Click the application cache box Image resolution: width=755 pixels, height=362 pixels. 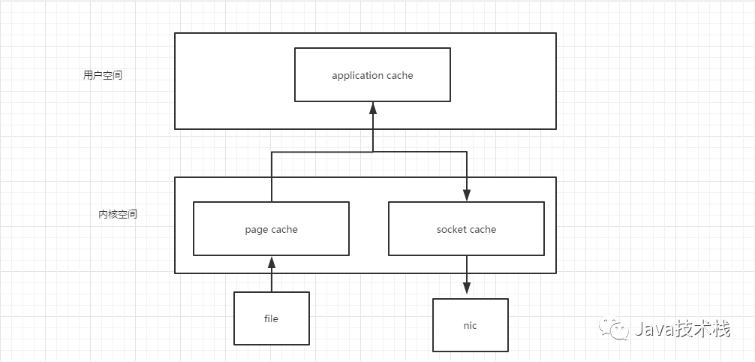pyautogui.click(x=372, y=74)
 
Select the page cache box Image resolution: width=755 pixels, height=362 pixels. pyautogui.click(x=271, y=228)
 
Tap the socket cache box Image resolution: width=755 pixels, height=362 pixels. pyautogui.click(x=466, y=228)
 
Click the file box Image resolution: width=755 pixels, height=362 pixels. pyautogui.click(x=272, y=318)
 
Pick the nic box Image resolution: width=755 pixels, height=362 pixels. pyautogui.click(x=471, y=325)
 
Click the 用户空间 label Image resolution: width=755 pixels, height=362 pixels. pyautogui.click(x=103, y=75)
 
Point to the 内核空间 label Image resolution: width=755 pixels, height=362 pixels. pyautogui.click(x=118, y=215)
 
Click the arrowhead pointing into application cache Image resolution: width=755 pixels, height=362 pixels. pyautogui.click(x=373, y=108)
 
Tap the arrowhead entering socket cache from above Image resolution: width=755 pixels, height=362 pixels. pyautogui.click(x=466, y=195)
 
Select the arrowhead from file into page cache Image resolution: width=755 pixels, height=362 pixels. pyautogui.click(x=272, y=262)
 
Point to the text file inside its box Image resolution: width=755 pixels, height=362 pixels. pyautogui.click(x=271, y=318)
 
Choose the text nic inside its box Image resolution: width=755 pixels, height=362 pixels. pyautogui.click(x=470, y=325)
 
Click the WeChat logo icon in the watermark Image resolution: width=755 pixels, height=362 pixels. pyautogui.click(x=613, y=328)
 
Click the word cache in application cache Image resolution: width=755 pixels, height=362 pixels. pyautogui.click(x=400, y=76)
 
